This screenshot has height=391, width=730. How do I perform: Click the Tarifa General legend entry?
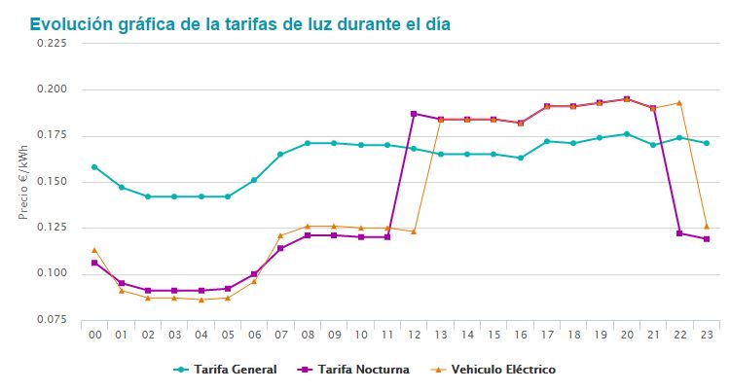233,370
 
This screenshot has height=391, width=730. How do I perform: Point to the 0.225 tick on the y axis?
51,44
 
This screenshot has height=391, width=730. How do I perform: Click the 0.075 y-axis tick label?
51,319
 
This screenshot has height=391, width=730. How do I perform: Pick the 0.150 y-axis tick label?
51,182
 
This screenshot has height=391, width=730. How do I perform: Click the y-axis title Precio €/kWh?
24,181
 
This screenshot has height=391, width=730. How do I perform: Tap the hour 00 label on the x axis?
94,335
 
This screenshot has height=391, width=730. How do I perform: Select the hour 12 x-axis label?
414,335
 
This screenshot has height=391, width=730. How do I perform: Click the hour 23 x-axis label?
706,335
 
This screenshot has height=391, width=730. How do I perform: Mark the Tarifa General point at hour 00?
94,166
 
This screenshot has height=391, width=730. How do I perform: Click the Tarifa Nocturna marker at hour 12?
414,114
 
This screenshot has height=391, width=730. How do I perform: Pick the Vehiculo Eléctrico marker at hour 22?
679,102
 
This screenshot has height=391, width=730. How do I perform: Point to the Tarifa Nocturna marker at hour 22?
679,233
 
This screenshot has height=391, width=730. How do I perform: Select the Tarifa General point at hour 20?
626,134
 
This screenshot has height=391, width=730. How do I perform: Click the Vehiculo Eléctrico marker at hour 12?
414,231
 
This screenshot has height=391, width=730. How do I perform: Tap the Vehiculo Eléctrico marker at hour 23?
706,226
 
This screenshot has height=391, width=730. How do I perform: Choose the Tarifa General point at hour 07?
280,155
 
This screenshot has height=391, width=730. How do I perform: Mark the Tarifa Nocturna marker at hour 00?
94,263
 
